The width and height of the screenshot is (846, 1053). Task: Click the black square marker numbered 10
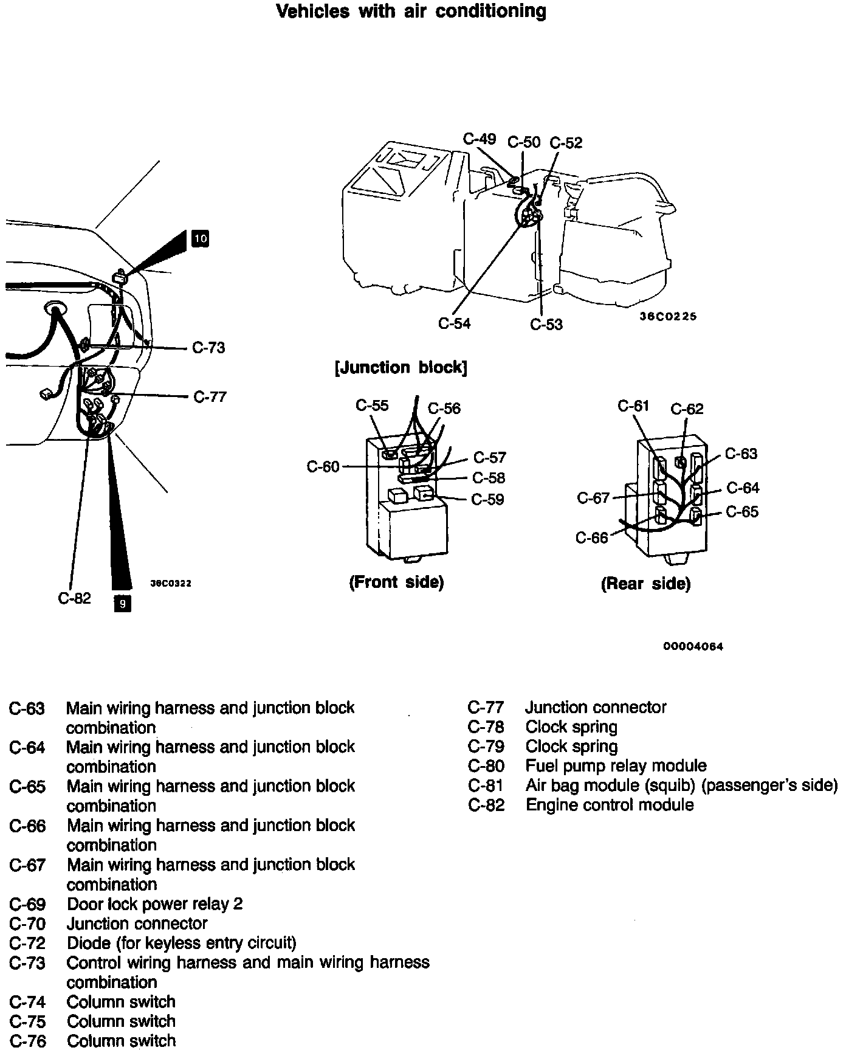[x=200, y=238]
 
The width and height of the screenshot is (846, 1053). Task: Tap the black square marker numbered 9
[x=122, y=604]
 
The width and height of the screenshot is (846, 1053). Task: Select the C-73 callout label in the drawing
[x=208, y=348]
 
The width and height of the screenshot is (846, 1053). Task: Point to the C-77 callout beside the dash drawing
[x=210, y=397]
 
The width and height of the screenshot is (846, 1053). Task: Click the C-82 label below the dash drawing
[x=74, y=598]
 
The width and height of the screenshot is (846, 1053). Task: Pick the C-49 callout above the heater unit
[x=480, y=139]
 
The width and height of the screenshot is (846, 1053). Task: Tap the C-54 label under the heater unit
[x=455, y=323]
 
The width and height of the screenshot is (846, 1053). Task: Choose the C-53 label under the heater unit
[x=546, y=325]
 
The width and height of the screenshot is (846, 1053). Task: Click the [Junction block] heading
[x=401, y=368]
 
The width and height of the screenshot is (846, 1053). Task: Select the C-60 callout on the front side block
[x=323, y=467]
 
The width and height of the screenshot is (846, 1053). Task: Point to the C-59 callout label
[x=487, y=500]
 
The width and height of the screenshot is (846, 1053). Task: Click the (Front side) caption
[x=396, y=582]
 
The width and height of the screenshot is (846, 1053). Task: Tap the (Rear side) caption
[x=645, y=584]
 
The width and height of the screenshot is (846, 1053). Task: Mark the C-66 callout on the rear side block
[x=592, y=538]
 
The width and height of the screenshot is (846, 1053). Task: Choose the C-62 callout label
[x=687, y=409]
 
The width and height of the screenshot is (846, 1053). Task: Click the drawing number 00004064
[x=693, y=646]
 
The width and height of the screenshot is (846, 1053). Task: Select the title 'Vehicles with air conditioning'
[x=411, y=12]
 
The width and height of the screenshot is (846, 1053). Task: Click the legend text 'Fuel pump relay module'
[x=616, y=766]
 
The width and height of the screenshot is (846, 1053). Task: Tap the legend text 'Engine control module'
[x=610, y=805]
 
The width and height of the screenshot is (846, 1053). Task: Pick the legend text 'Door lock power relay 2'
[x=155, y=904]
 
